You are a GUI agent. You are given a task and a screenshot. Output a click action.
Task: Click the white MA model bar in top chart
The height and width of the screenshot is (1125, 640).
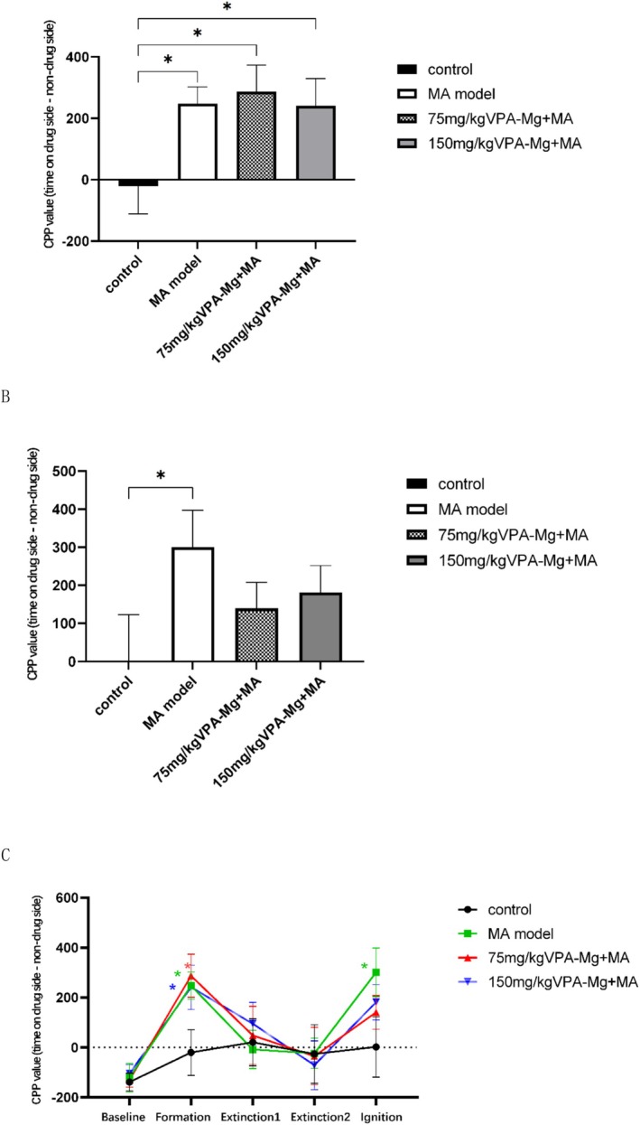(x=197, y=142)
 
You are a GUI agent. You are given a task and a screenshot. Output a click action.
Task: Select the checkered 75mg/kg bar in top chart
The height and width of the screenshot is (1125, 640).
(x=256, y=136)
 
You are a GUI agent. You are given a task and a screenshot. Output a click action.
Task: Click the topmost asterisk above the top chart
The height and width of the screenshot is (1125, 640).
(x=227, y=8)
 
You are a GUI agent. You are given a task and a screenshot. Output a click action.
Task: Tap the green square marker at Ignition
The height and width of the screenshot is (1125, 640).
(x=376, y=972)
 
